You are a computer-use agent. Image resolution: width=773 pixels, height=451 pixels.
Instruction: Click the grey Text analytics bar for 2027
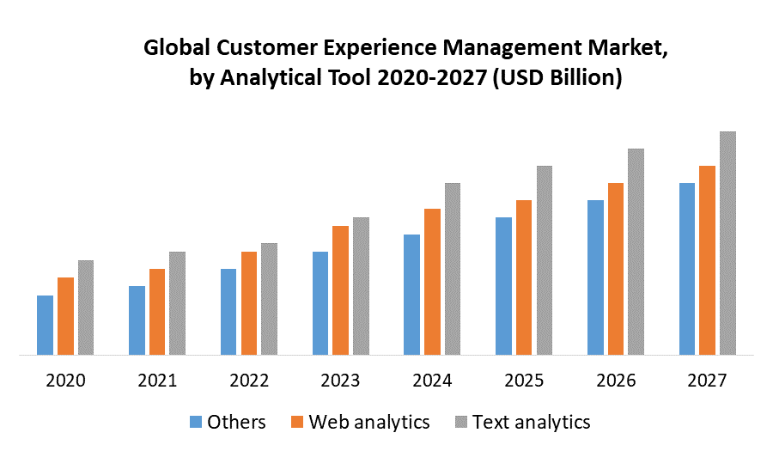(x=727, y=243)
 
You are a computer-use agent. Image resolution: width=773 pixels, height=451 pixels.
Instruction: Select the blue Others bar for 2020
(x=45, y=325)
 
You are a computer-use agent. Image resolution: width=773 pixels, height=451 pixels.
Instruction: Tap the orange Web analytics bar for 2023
(x=340, y=290)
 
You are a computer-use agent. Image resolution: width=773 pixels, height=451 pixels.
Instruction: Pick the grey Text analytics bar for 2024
(x=453, y=269)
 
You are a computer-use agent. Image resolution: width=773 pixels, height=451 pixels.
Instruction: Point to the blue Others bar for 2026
(x=595, y=277)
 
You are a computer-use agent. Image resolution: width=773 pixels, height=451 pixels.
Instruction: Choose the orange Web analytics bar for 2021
(x=157, y=312)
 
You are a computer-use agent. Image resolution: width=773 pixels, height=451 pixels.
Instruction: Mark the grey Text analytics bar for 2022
(x=269, y=299)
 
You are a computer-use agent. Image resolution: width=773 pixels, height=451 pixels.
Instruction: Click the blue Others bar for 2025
(x=503, y=286)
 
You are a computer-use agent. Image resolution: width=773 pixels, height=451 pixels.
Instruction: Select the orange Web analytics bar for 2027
(x=707, y=260)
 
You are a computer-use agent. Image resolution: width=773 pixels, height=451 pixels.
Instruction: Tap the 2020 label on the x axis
(x=65, y=381)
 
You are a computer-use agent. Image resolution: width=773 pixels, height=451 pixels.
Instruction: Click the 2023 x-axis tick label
(x=340, y=381)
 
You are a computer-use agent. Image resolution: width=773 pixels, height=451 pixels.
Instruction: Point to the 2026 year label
(x=615, y=381)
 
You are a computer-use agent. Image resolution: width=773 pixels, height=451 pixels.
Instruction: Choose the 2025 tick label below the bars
(x=524, y=381)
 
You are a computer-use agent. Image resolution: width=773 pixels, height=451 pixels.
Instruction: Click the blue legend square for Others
(x=195, y=422)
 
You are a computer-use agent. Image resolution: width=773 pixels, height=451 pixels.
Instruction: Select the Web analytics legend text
(x=369, y=422)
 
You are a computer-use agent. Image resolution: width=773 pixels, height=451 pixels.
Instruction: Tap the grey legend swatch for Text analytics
(x=460, y=422)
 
